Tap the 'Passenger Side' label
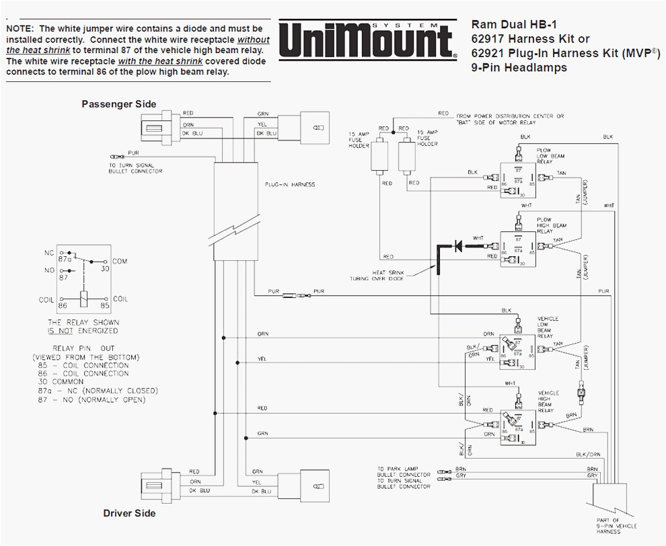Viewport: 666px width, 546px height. [119, 104]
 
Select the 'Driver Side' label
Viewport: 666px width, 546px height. [129, 513]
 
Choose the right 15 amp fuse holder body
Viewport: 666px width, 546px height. [407, 155]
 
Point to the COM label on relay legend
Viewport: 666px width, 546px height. [120, 261]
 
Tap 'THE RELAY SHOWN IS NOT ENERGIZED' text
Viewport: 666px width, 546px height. [83, 326]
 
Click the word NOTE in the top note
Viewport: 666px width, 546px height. [20, 29]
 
